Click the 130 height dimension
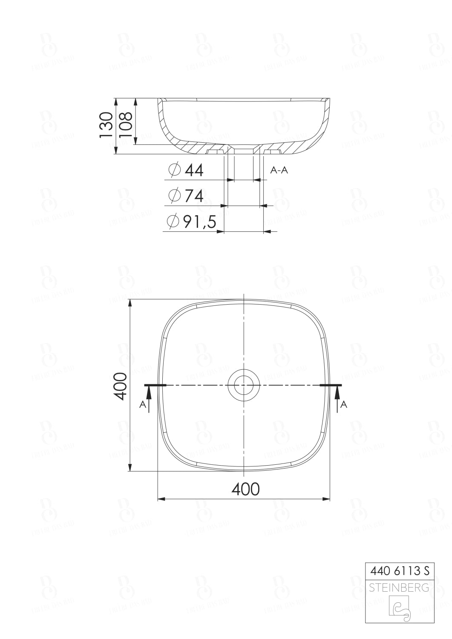click(106, 124)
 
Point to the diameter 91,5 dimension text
click(199, 222)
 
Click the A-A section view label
click(279, 170)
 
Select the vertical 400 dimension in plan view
click(121, 386)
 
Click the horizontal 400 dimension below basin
click(245, 489)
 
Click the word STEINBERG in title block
click(399, 588)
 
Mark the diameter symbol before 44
click(174, 170)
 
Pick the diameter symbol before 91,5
click(173, 222)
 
